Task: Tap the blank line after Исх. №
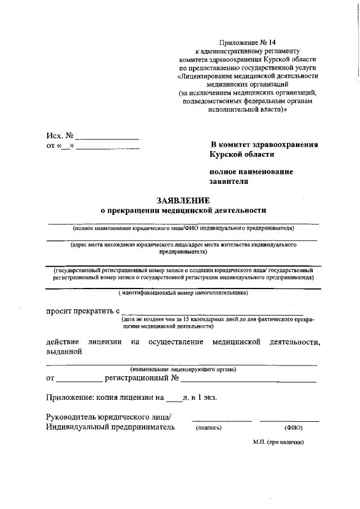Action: [107, 138]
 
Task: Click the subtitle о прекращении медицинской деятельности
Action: [183, 210]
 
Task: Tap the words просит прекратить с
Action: [83, 310]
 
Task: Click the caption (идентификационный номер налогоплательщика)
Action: [183, 293]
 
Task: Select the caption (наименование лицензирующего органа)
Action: [183, 369]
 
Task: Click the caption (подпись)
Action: [209, 428]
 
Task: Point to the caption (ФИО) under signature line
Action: [294, 428]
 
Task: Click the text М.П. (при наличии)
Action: [278, 442]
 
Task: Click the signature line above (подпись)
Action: [222, 420]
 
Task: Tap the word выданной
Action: [64, 352]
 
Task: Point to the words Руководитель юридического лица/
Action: [108, 416]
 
